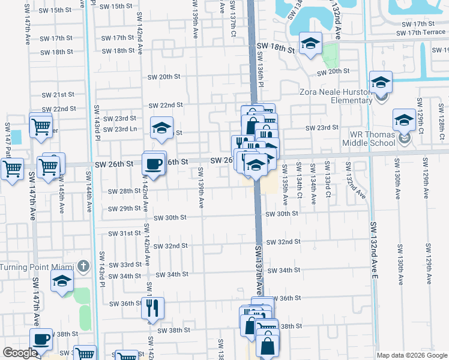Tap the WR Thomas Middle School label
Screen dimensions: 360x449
[x=369, y=139]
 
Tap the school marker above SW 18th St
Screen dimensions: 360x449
[x=310, y=44]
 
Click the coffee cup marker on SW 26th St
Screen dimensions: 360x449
[x=154, y=164]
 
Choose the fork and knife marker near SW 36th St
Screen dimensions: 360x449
[x=152, y=308]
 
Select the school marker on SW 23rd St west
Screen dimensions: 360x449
[x=161, y=128]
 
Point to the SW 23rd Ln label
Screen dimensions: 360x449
[x=120, y=129]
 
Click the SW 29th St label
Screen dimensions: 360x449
[x=124, y=209]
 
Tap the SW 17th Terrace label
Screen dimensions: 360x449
[x=425, y=32]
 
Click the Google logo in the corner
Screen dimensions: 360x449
[x=20, y=353]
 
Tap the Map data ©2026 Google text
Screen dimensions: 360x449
[x=412, y=355]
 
